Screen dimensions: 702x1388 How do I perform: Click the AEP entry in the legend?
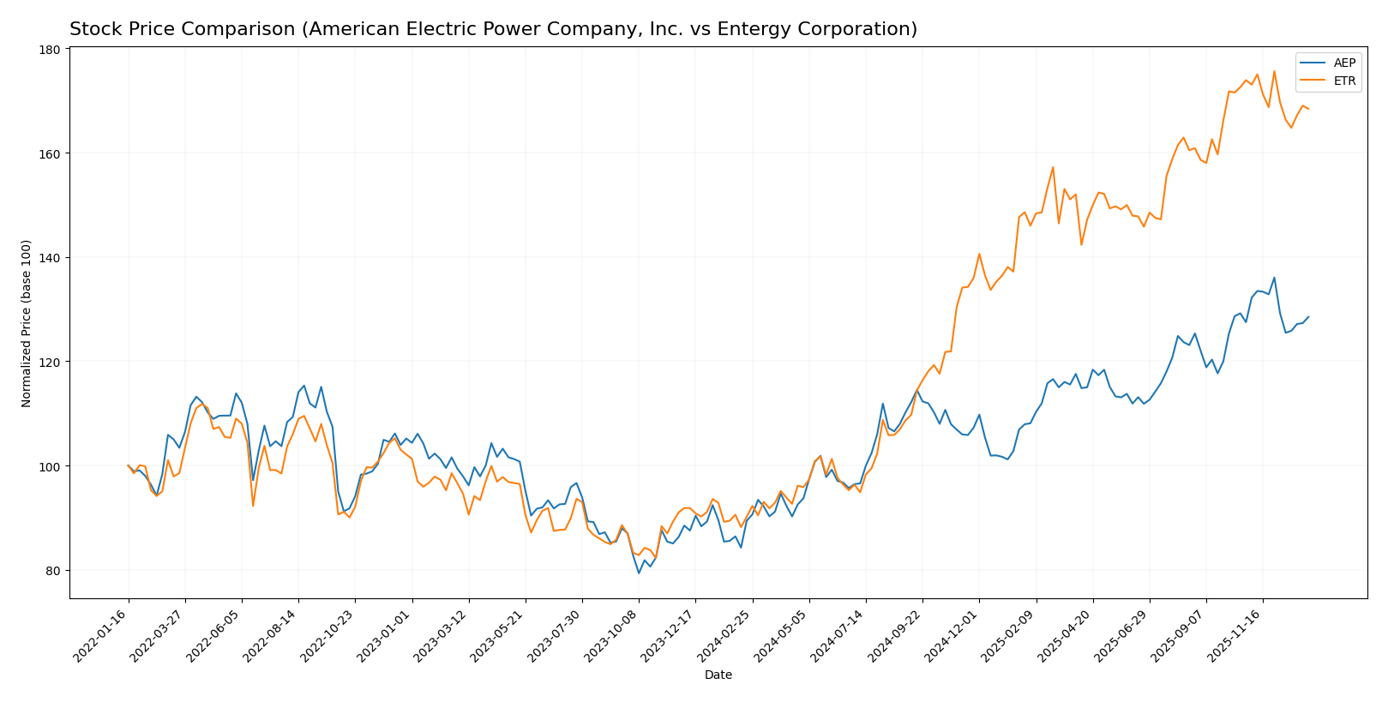tap(1344, 63)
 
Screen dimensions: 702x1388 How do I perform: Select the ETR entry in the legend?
tap(1344, 81)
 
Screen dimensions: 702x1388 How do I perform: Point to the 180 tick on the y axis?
tap(49, 50)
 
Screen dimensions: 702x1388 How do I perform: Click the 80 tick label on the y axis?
tap(52, 571)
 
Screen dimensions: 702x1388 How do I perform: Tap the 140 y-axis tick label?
tap(49, 258)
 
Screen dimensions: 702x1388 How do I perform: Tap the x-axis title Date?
tap(718, 675)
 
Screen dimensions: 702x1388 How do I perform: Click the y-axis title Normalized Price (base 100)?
tap(27, 323)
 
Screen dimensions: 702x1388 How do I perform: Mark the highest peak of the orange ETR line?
tap(1274, 71)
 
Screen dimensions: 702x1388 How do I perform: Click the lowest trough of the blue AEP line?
tap(639, 573)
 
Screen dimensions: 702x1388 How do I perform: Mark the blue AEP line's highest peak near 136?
tap(1274, 278)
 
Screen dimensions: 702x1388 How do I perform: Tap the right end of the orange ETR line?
tap(1308, 109)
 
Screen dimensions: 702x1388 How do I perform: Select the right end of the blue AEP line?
tap(1308, 317)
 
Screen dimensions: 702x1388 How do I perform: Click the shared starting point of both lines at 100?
tap(129, 465)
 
